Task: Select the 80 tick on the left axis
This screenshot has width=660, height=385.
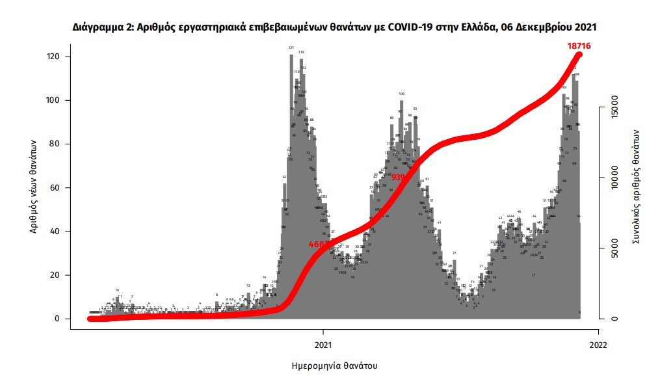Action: click(x=56, y=144)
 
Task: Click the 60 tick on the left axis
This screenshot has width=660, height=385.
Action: click(x=56, y=188)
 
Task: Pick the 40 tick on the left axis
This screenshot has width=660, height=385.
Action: click(x=56, y=232)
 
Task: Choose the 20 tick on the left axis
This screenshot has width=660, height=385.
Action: click(x=56, y=275)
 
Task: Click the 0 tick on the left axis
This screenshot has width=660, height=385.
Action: click(x=59, y=319)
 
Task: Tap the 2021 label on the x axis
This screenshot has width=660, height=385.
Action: click(x=324, y=344)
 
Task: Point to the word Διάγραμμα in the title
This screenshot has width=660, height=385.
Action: click(x=98, y=28)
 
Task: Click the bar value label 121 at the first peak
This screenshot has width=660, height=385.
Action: click(x=291, y=48)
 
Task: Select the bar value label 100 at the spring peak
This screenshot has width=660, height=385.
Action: click(x=402, y=94)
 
